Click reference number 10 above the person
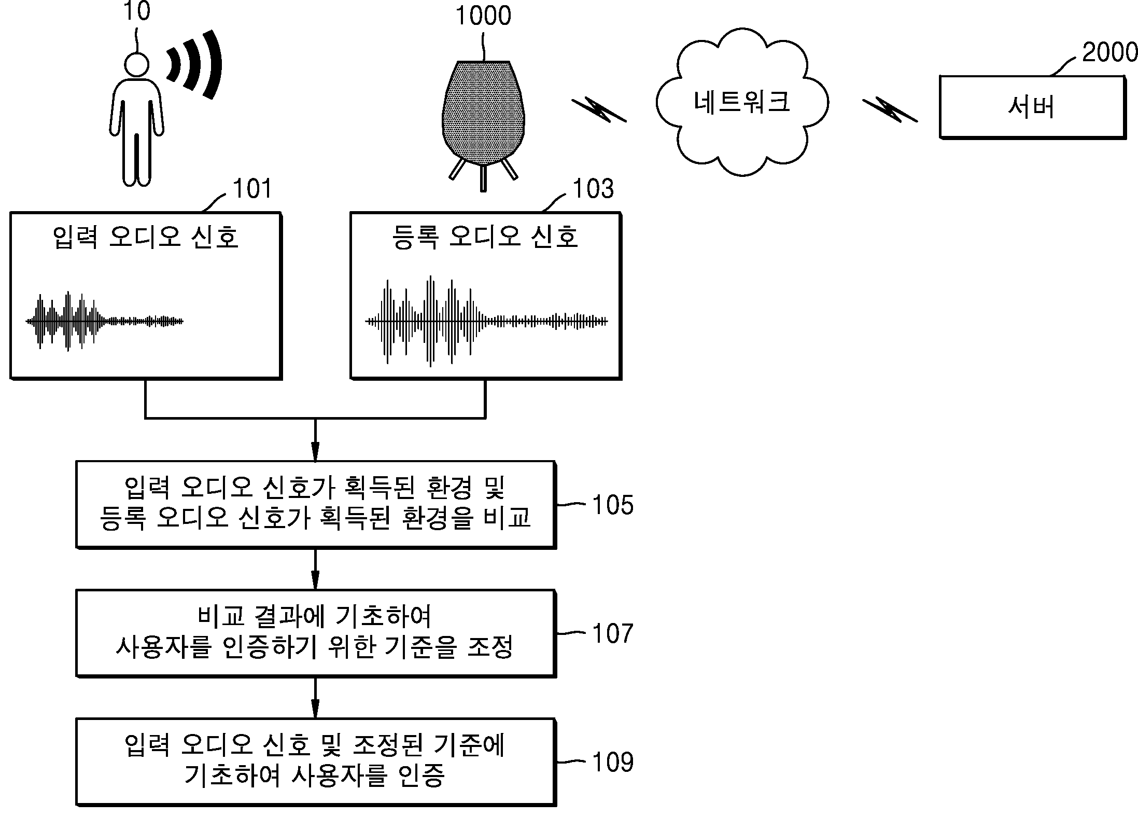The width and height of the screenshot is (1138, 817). click(136, 11)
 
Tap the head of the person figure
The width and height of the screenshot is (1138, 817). click(137, 65)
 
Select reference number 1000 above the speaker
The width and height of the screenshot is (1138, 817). click(483, 16)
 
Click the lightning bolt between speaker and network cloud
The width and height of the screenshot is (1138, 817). click(598, 110)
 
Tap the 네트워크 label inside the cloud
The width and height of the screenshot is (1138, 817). click(741, 102)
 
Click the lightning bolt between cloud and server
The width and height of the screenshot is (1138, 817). click(889, 110)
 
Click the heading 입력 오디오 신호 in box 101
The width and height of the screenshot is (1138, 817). click(146, 237)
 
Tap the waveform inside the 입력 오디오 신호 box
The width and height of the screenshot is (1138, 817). click(104, 322)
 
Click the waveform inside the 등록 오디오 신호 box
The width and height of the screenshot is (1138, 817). click(485, 322)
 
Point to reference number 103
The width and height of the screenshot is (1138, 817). click(593, 189)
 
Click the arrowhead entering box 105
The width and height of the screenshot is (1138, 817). click(315, 451)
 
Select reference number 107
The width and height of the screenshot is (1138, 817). click(612, 633)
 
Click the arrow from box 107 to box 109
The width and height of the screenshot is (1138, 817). click(315, 698)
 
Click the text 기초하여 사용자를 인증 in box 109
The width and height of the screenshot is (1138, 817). click(315, 777)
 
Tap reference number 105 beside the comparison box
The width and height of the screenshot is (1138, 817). click(612, 504)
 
